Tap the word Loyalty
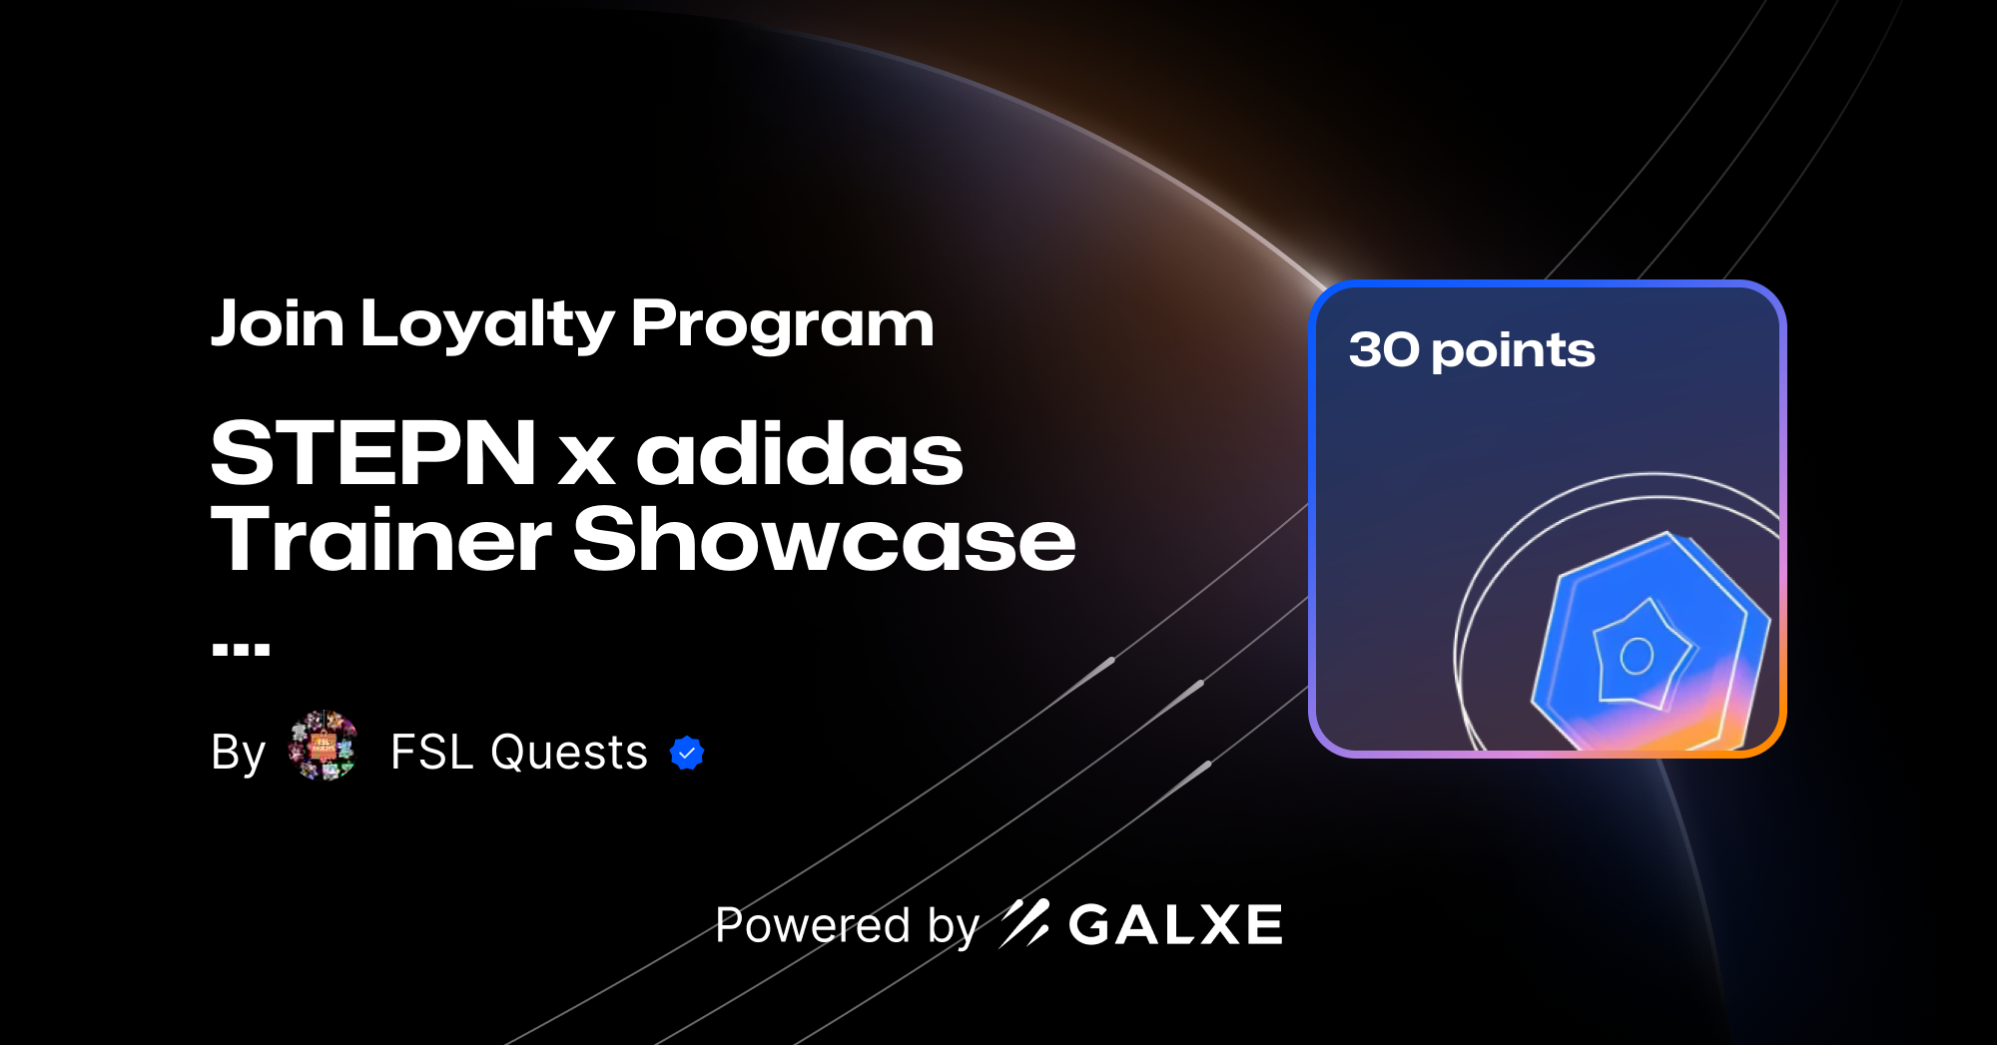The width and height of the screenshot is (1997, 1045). pyautogui.click(x=487, y=325)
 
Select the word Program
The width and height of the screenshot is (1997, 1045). pyautogui.click(x=782, y=325)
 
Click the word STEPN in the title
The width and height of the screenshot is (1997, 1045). pyautogui.click(x=374, y=454)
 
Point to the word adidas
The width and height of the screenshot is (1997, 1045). pyautogui.click(x=800, y=454)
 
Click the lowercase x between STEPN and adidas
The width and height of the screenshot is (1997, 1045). pyautogui.click(x=586, y=459)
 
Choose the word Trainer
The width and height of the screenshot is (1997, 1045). pyautogui.click(x=380, y=539)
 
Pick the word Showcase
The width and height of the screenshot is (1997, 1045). pyautogui.click(x=824, y=539)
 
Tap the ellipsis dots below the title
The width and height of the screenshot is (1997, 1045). pyautogui.click(x=241, y=650)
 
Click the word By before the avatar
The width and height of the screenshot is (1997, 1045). pyautogui.click(x=238, y=753)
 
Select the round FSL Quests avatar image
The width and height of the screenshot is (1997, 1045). pyautogui.click(x=323, y=746)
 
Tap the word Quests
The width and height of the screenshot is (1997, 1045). pyautogui.click(x=569, y=753)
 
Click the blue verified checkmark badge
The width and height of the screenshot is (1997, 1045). pyautogui.click(x=687, y=753)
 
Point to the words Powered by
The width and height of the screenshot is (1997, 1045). pyautogui.click(x=847, y=926)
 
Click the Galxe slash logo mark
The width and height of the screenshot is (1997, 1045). pyautogui.click(x=1024, y=923)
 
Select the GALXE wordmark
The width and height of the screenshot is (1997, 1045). pyautogui.click(x=1175, y=925)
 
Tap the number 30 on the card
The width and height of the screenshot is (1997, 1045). pyautogui.click(x=1384, y=350)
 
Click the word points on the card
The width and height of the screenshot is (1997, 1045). pyautogui.click(x=1513, y=352)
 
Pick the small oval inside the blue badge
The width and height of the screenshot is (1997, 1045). pyautogui.click(x=1637, y=656)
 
